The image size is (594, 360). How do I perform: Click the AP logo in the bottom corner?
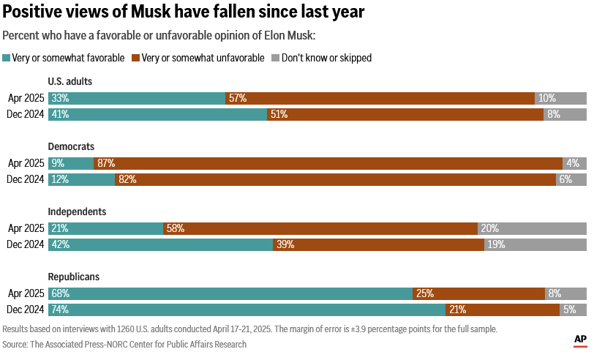click(x=580, y=340)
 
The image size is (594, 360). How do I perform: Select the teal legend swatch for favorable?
click(x=7, y=58)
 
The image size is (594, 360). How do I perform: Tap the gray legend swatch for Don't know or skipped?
click(x=275, y=58)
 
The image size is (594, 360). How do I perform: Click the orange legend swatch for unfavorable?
click(x=135, y=58)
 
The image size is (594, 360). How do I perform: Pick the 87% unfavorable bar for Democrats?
click(x=328, y=164)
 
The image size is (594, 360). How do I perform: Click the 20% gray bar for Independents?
click(x=533, y=228)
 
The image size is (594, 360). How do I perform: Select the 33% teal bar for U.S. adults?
click(x=137, y=98)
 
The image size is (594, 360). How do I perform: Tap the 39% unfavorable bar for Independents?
click(x=378, y=244)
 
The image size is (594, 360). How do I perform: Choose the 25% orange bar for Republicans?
click(x=478, y=293)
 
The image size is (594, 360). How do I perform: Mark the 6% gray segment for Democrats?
click(x=571, y=179)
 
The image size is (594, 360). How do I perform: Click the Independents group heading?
click(x=77, y=211)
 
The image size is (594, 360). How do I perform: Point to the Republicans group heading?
click(x=74, y=277)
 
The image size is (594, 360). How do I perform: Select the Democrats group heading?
click(x=71, y=146)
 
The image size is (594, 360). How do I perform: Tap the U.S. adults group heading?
click(x=69, y=81)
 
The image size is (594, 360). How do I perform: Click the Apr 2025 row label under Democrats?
click(x=26, y=164)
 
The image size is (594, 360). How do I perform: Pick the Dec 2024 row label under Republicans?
click(x=26, y=310)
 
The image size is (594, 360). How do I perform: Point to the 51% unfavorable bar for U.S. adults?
click(x=405, y=114)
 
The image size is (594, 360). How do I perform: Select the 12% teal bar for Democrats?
click(x=81, y=179)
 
